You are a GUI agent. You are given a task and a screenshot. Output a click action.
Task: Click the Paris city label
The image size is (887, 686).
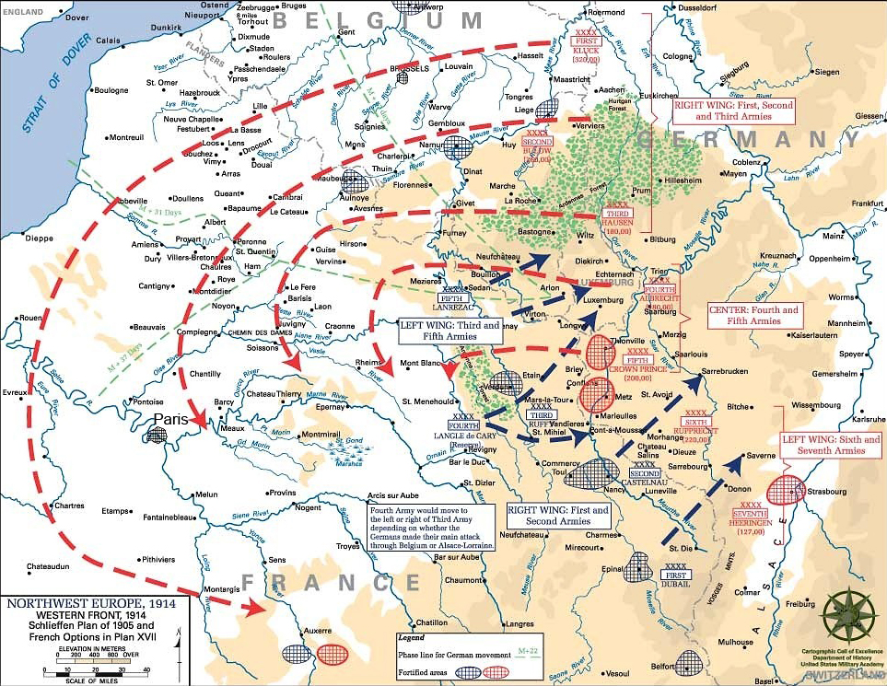point(170,418)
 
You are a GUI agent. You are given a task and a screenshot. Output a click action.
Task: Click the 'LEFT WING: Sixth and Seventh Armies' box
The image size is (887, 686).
point(828,444)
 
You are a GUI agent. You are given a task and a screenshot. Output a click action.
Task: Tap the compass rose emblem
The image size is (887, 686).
point(847,615)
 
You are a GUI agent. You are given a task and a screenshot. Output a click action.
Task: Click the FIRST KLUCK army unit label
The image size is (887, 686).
point(588,49)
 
